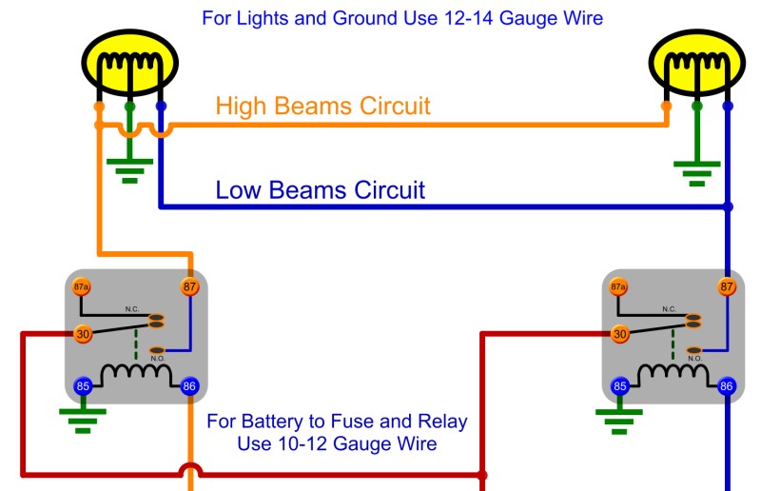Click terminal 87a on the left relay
pos(81,287)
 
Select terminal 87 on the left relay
pos(189,286)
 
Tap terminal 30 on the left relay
pos(82,334)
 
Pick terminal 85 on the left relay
pos(82,386)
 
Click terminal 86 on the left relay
pos(189,386)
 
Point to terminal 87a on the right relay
pos(618,287)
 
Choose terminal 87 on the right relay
pos(727,286)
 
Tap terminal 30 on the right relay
pos(620,334)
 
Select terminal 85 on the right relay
pos(620,386)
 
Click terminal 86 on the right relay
pos(727,386)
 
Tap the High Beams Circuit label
pos(322,106)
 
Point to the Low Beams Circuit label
pos(320,189)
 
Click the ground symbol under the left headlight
pos(129,169)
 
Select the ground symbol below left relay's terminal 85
pos(82,420)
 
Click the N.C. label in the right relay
pos(670,309)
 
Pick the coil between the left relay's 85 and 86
pos(135,374)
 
